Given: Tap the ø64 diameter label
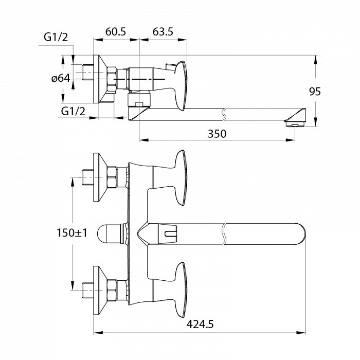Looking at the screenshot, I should (60, 79).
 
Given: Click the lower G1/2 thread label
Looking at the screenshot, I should (71, 111).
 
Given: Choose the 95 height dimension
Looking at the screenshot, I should (315, 92).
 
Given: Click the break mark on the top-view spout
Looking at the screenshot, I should (225, 235).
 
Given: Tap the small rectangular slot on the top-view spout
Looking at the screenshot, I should (168, 235).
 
